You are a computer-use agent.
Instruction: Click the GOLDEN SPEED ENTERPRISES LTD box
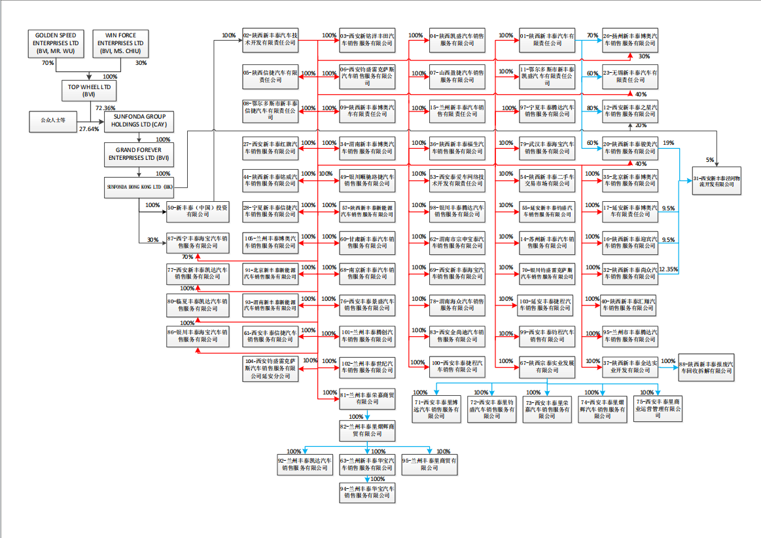(56, 43)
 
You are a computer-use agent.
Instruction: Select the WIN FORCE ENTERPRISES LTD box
(120, 43)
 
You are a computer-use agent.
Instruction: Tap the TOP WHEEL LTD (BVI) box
(89, 90)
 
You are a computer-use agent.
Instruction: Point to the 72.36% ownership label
(105, 107)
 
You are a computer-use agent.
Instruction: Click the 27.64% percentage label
(89, 129)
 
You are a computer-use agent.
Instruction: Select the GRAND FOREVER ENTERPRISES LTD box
(138, 153)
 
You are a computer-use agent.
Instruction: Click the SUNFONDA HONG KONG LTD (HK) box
(140, 186)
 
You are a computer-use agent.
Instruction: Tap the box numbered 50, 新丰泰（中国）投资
(198, 210)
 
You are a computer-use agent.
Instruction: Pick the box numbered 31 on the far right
(718, 181)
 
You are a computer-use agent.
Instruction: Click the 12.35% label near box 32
(669, 269)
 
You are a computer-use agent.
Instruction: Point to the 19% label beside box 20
(668, 142)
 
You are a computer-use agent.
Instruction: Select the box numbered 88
(705, 367)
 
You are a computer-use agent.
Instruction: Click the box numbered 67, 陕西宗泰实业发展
(547, 366)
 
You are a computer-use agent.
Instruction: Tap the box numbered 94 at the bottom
(367, 492)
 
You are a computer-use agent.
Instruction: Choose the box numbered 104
(271, 368)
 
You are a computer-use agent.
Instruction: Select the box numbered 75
(658, 408)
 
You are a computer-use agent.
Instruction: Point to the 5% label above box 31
(710, 160)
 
